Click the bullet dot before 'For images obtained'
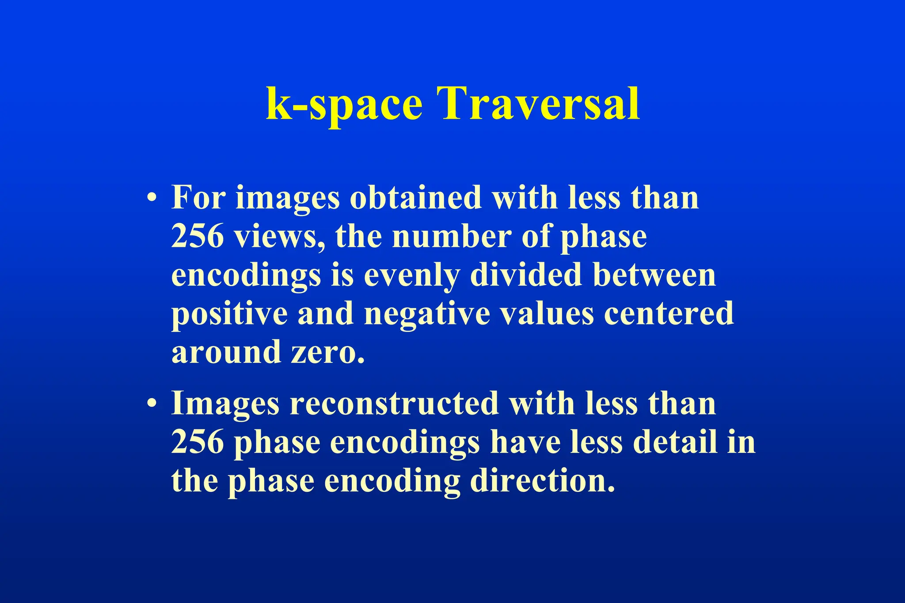[x=152, y=197]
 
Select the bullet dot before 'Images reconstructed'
[x=152, y=403]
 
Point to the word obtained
[x=415, y=197]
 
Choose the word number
[x=451, y=236]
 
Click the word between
[x=654, y=275]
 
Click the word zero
[x=327, y=352]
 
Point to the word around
[x=226, y=352]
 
